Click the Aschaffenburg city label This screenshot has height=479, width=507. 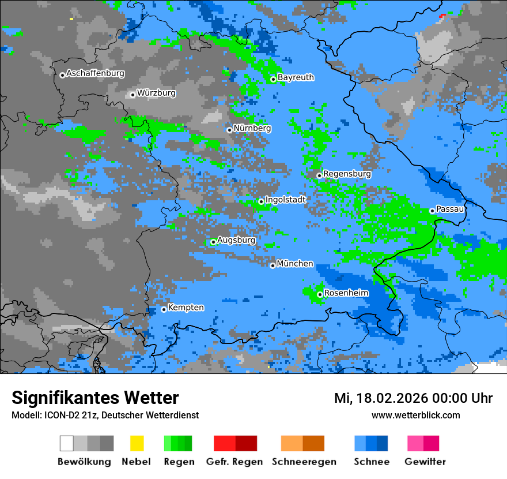pos(95,73)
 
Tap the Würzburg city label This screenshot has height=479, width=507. pos(156,93)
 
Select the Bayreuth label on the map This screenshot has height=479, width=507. pos(296,77)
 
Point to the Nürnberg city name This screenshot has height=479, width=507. pos(252,128)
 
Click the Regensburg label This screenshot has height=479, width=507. pos(347,174)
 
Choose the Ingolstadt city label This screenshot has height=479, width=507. pos(285,199)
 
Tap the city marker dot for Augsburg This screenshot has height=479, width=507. pos(213,242)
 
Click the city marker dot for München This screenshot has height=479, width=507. pos(273,265)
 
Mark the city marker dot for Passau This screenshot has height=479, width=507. pos(432,211)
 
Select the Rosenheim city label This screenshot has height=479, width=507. pos(346,293)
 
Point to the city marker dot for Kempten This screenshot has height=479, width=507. pos(164,309)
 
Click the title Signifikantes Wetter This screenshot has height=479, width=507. pos(95,398)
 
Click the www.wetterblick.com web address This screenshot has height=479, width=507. pos(416,415)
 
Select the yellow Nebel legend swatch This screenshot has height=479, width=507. pos(137,443)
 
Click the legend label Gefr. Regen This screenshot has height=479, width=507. pos(234,462)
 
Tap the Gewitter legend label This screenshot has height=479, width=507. pos(425,462)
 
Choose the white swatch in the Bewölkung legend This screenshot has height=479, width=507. pos(67,443)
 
